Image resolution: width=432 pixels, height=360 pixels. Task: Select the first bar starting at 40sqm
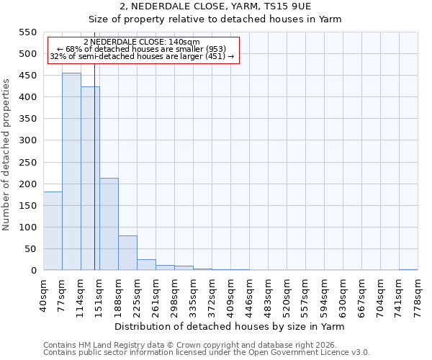click(53, 230)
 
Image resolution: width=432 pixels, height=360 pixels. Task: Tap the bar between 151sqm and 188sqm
click(109, 224)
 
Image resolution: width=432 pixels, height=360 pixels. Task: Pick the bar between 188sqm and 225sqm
click(127, 253)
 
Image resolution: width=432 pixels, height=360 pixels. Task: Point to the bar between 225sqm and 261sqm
click(146, 264)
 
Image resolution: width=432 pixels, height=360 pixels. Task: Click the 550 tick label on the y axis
click(27, 32)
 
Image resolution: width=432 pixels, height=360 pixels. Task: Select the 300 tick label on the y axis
click(27, 140)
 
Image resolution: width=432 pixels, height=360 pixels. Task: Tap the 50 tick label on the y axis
click(30, 249)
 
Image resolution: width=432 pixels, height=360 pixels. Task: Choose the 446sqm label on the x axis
click(249, 296)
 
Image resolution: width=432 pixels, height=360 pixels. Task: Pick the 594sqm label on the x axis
click(324, 296)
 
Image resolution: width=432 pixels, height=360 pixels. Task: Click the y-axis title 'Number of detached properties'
click(7, 155)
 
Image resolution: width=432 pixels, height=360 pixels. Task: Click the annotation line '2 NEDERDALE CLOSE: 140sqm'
click(142, 42)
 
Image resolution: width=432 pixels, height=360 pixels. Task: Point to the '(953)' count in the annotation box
click(214, 49)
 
